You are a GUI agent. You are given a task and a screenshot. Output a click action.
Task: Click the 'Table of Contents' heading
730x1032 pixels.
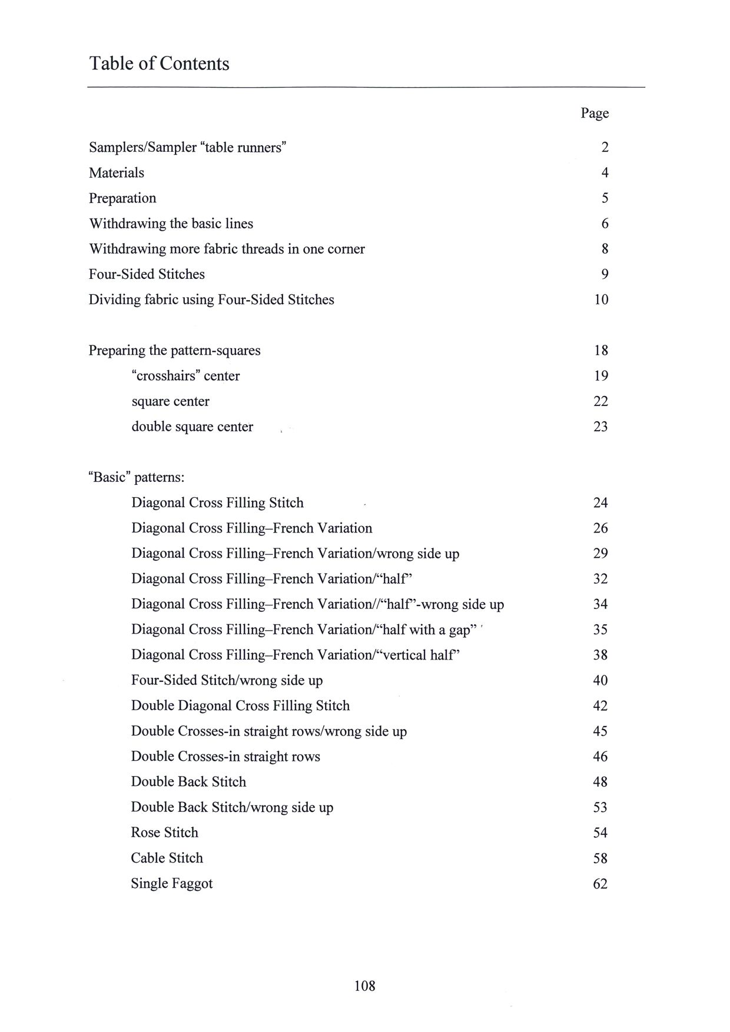coord(159,64)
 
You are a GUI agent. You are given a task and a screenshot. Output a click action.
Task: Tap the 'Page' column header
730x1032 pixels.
coord(595,113)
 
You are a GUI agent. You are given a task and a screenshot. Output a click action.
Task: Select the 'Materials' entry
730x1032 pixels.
coord(117,173)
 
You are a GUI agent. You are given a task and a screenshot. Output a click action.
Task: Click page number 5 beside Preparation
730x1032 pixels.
coord(605,198)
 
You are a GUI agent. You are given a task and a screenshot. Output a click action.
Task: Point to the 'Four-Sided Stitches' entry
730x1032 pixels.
coord(147,274)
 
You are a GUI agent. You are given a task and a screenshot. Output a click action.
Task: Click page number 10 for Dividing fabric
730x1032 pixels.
coord(601,299)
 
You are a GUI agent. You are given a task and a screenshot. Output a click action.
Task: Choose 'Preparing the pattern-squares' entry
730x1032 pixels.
coord(174,351)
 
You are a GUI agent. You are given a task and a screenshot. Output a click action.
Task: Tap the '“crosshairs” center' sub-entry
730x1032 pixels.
coord(185,376)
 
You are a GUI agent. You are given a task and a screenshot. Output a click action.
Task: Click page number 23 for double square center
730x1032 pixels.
coord(600,427)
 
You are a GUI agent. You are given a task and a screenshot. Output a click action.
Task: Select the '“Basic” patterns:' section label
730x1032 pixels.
coord(137,477)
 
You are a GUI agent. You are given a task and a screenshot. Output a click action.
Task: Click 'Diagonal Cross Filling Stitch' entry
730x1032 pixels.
coord(217,503)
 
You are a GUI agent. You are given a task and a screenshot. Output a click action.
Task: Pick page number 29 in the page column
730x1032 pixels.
coord(600,554)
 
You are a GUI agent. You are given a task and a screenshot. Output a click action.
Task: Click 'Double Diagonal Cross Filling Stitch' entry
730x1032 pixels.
coord(240,706)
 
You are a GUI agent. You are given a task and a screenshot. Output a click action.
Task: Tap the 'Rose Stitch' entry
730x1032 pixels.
coord(164,833)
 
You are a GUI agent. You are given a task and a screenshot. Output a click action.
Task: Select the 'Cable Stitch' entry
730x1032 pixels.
coord(167,858)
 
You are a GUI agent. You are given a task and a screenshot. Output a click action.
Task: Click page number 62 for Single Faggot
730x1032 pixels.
coord(600,884)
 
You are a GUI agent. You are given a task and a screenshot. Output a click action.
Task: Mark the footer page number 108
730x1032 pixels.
coord(364,986)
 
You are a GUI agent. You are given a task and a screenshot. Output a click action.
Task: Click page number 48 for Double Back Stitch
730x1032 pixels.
coord(600,782)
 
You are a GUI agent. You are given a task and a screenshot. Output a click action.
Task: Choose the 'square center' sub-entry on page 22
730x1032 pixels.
coord(170,401)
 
